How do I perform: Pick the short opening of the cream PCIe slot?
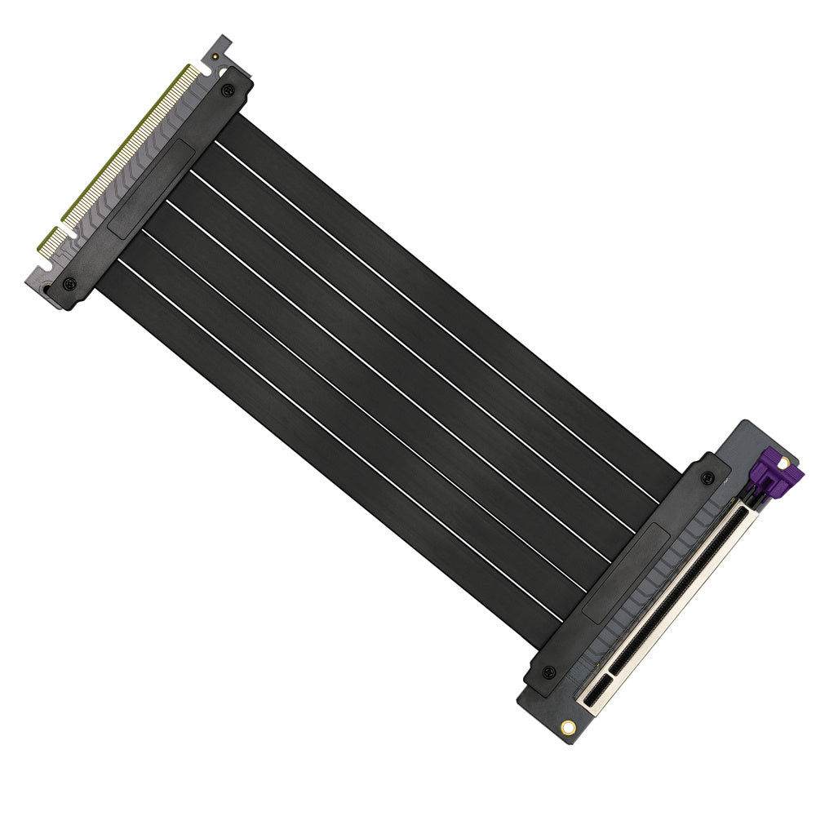pos(596,692)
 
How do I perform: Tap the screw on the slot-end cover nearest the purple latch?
pos(707,478)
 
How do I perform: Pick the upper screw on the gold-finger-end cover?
pos(228,90)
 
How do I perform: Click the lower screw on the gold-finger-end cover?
pos(69,284)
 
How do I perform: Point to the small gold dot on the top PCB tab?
pos(213,58)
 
